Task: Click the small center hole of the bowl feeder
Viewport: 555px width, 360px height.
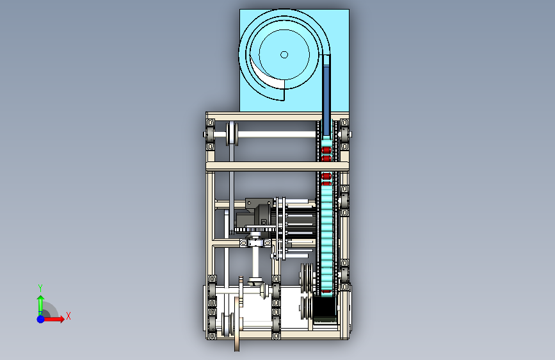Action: coord(284,54)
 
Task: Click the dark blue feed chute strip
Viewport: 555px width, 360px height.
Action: coord(326,101)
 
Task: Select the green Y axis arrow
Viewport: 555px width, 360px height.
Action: coord(41,306)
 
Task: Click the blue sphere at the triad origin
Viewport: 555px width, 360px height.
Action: coord(41,319)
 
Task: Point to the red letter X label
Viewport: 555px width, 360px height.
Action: coord(68,316)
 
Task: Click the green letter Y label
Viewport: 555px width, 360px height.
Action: coord(40,288)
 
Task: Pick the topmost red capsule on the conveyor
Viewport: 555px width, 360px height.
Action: coord(326,150)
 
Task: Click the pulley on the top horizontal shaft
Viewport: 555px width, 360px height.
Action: coord(232,134)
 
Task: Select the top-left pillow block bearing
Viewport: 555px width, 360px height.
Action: coord(210,135)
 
